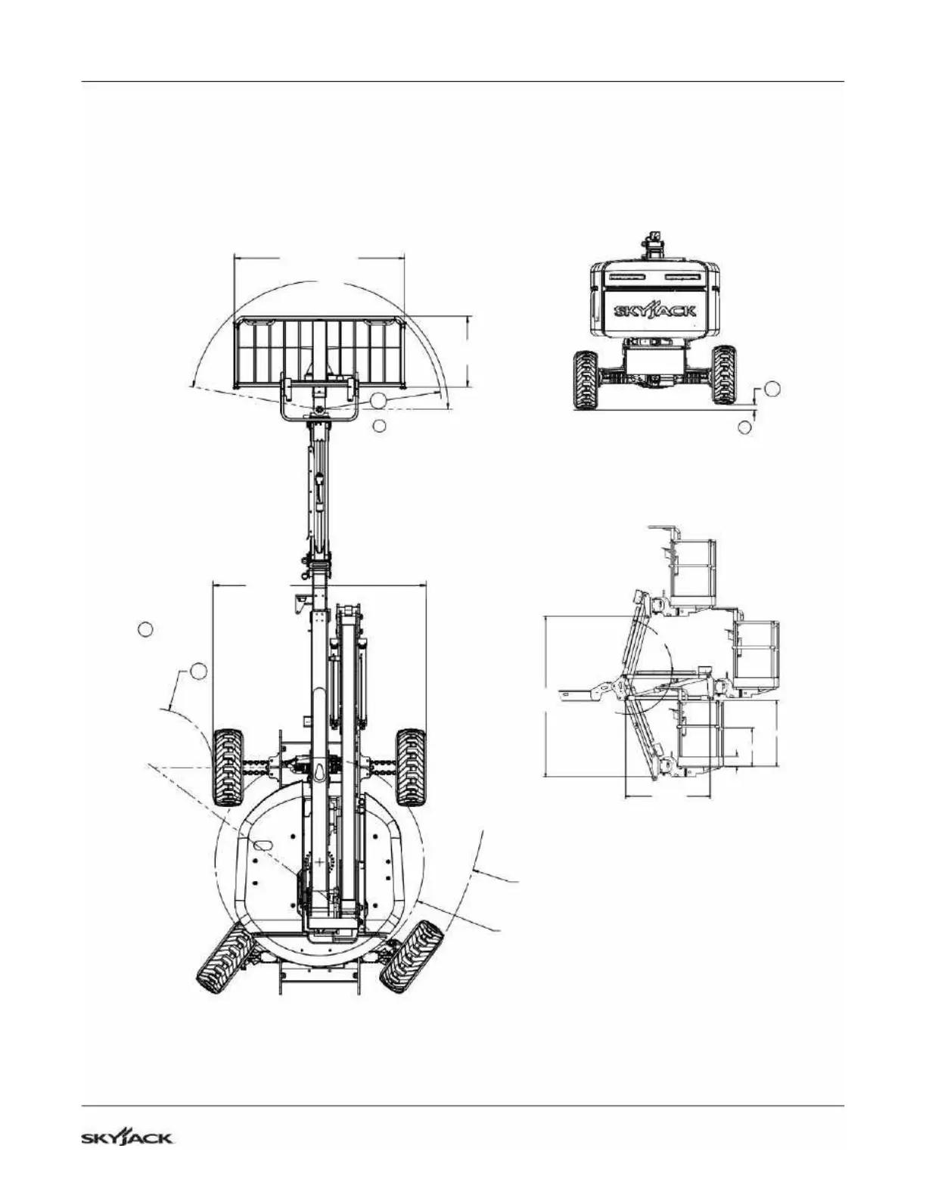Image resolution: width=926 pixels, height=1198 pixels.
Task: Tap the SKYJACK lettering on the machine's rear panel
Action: (655, 311)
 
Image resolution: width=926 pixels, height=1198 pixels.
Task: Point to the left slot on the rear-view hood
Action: (626, 277)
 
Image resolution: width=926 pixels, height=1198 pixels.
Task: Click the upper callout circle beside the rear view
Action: (772, 389)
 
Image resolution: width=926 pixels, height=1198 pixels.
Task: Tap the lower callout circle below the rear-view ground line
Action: (744, 427)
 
